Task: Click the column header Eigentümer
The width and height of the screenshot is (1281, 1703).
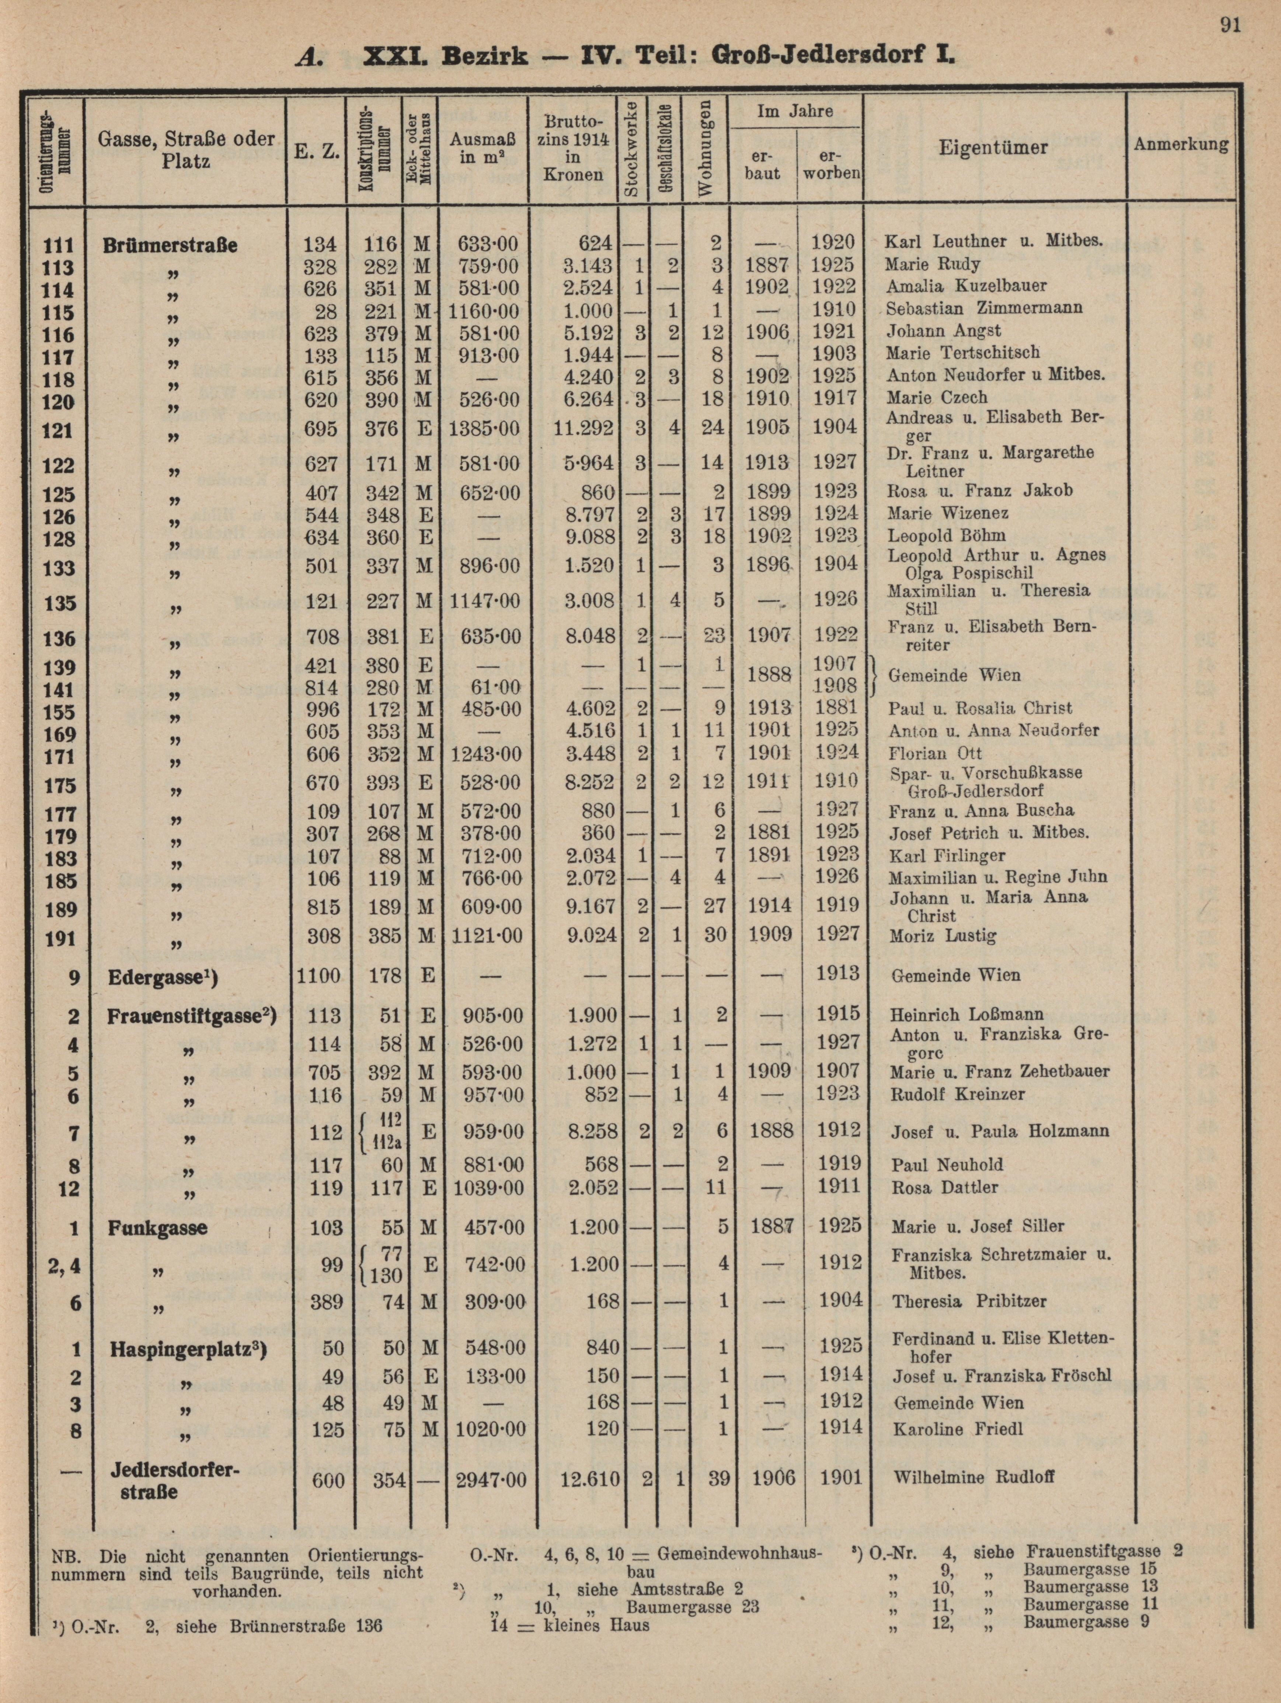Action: pos(993,147)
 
